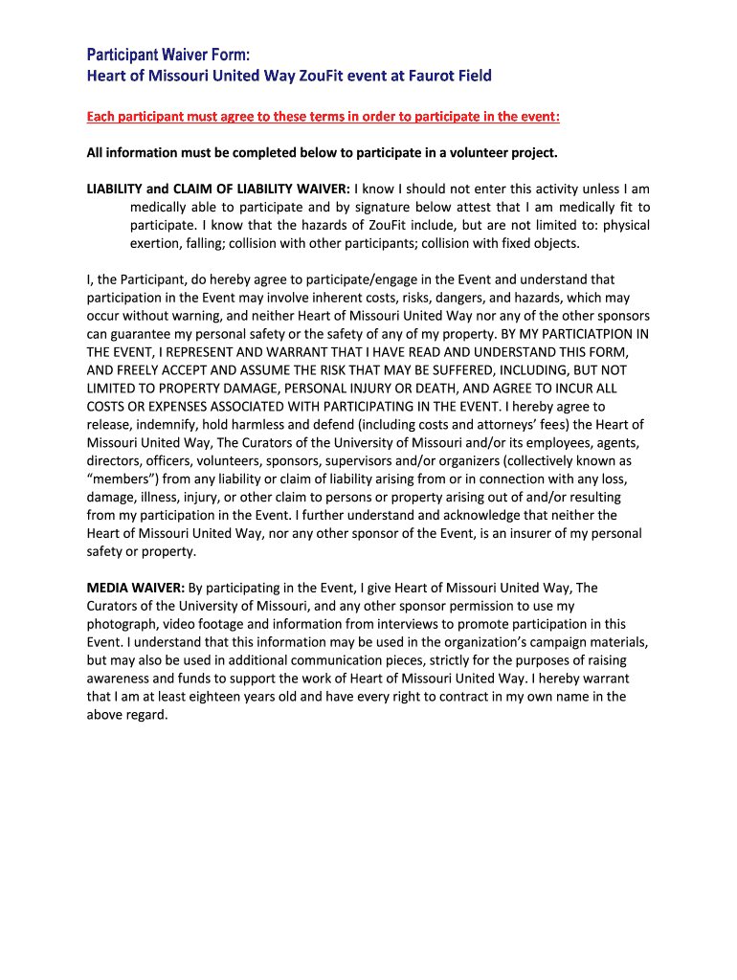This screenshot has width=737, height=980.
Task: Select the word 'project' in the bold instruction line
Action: [x=531, y=153]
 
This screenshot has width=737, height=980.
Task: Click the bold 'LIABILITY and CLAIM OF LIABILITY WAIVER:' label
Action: [x=219, y=189]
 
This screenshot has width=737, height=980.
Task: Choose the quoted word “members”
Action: [x=124, y=479]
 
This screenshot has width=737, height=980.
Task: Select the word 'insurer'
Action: [x=529, y=533]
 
